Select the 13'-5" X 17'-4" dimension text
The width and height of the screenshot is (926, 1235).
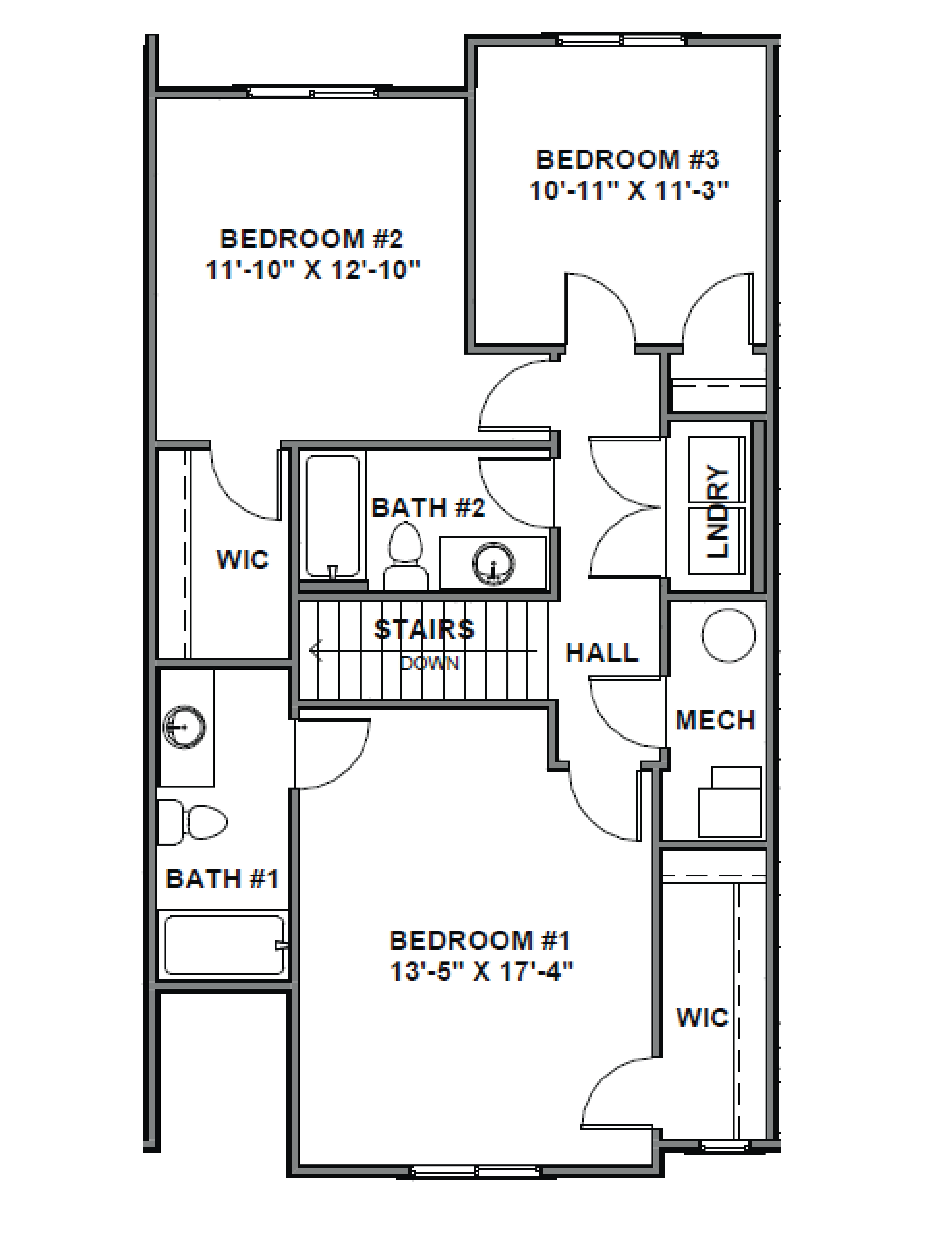[481, 972]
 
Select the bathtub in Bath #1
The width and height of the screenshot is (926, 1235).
[224, 945]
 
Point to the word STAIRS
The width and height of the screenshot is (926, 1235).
[424, 629]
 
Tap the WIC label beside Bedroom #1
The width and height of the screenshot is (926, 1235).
[702, 1017]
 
